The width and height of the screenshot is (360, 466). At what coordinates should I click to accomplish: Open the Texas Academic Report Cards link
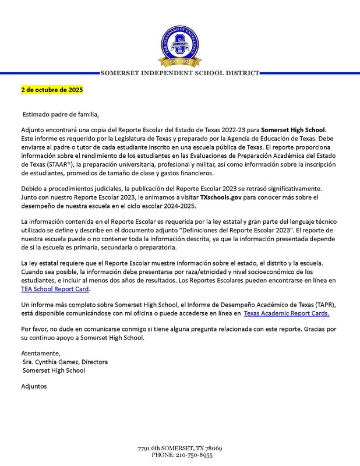click(286, 313)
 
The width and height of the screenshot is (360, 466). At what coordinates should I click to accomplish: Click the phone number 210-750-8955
click(192, 454)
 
